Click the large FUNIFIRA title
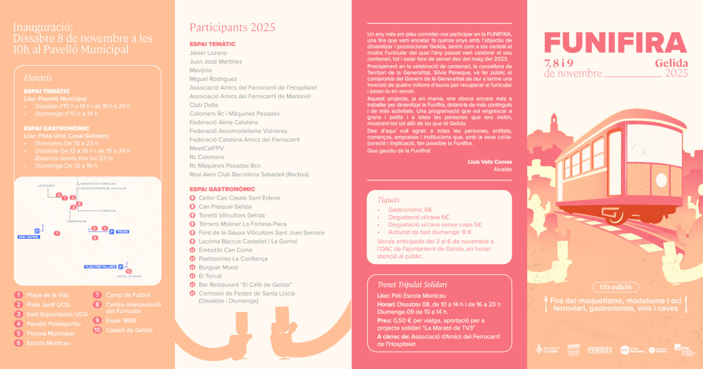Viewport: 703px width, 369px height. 615,43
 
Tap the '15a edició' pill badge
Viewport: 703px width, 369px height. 614,287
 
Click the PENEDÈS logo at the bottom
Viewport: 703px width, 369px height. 599,350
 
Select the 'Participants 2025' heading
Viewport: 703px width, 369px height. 232,27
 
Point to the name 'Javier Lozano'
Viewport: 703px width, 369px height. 208,52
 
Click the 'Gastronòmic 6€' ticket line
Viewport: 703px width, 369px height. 410,209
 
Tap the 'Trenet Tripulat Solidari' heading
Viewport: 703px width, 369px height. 412,285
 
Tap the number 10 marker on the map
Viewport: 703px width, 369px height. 128,272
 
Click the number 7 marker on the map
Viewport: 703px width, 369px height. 57,233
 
